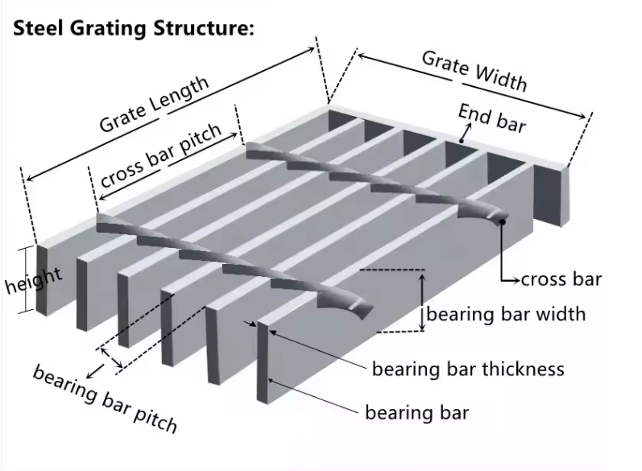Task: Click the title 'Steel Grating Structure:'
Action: [134, 28]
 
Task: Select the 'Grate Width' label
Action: [474, 70]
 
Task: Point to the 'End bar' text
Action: [492, 118]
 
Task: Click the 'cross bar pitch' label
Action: [160, 157]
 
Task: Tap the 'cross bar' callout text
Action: [561, 280]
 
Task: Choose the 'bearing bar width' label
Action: [506, 313]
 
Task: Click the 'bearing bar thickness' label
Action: [468, 370]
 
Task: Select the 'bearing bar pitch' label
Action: [104, 398]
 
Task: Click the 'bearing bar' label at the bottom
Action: [416, 413]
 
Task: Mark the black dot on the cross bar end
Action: [502, 221]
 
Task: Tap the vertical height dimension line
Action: [37, 279]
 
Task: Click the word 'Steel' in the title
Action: [40, 28]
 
